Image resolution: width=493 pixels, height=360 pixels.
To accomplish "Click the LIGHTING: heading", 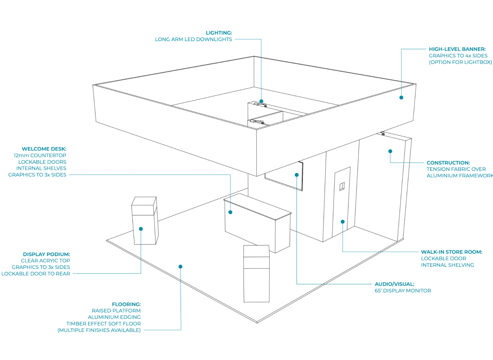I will (x=219, y=33).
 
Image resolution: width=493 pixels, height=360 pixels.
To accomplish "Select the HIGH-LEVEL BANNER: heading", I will (x=457, y=49).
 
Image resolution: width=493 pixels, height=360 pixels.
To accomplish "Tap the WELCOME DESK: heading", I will (x=44, y=149).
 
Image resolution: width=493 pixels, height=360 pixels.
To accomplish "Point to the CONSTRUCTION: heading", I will (x=448, y=163).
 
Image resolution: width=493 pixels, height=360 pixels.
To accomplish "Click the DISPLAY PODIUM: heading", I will (x=46, y=254).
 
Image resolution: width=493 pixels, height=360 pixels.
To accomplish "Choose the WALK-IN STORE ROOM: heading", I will (x=451, y=252).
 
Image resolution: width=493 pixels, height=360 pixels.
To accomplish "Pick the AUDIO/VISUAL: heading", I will (x=394, y=284).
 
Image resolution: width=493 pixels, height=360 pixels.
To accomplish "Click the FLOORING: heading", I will (x=126, y=304).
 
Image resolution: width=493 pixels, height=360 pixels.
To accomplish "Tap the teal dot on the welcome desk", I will (x=230, y=212).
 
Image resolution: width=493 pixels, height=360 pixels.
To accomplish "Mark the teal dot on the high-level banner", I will (x=401, y=97).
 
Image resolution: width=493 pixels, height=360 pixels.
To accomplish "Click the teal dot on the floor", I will (x=180, y=267).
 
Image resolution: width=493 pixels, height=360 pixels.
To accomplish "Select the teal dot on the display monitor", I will (x=297, y=175).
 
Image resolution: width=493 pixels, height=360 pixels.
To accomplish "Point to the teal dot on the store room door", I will (x=343, y=222).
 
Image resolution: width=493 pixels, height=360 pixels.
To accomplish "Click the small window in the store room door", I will (x=342, y=186).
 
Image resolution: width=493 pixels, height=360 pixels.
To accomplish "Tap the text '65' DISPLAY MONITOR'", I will (x=403, y=291).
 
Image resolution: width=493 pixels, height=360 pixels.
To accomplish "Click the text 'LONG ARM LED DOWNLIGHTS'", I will (x=193, y=39).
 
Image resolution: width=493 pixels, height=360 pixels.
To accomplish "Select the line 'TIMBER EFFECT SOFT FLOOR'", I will (x=104, y=324).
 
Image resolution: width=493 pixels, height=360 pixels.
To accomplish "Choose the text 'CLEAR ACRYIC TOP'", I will (x=45, y=261).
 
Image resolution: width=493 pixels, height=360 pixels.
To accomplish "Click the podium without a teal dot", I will (x=256, y=274).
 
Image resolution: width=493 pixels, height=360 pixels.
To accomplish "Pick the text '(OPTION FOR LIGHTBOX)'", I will (x=460, y=62).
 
